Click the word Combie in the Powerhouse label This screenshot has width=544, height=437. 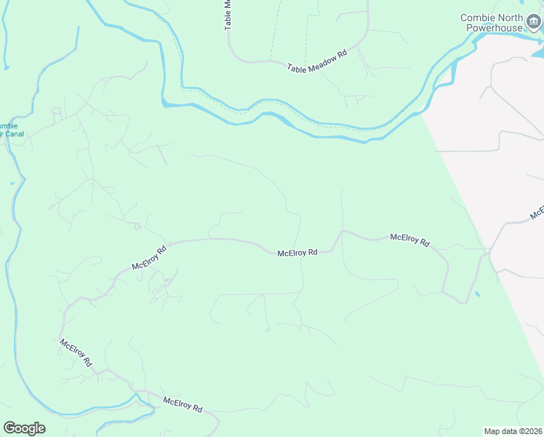click(x=476, y=17)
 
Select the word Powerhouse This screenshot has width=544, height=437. click(x=495, y=28)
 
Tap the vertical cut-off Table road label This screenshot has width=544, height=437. click(x=228, y=15)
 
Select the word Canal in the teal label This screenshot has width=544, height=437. click(x=15, y=134)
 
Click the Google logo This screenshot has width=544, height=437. click(x=24, y=428)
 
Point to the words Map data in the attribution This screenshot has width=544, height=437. click(x=501, y=431)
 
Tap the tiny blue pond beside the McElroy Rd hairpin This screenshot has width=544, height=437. click(x=476, y=294)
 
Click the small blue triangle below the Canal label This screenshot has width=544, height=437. click(x=12, y=184)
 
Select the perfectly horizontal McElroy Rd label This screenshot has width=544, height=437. click(x=297, y=253)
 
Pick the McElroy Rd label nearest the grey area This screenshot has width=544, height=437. click(x=409, y=240)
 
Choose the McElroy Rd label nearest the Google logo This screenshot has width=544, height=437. click(x=76, y=353)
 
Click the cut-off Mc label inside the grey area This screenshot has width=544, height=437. click(x=537, y=212)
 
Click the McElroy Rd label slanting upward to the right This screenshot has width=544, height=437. click(x=149, y=257)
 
